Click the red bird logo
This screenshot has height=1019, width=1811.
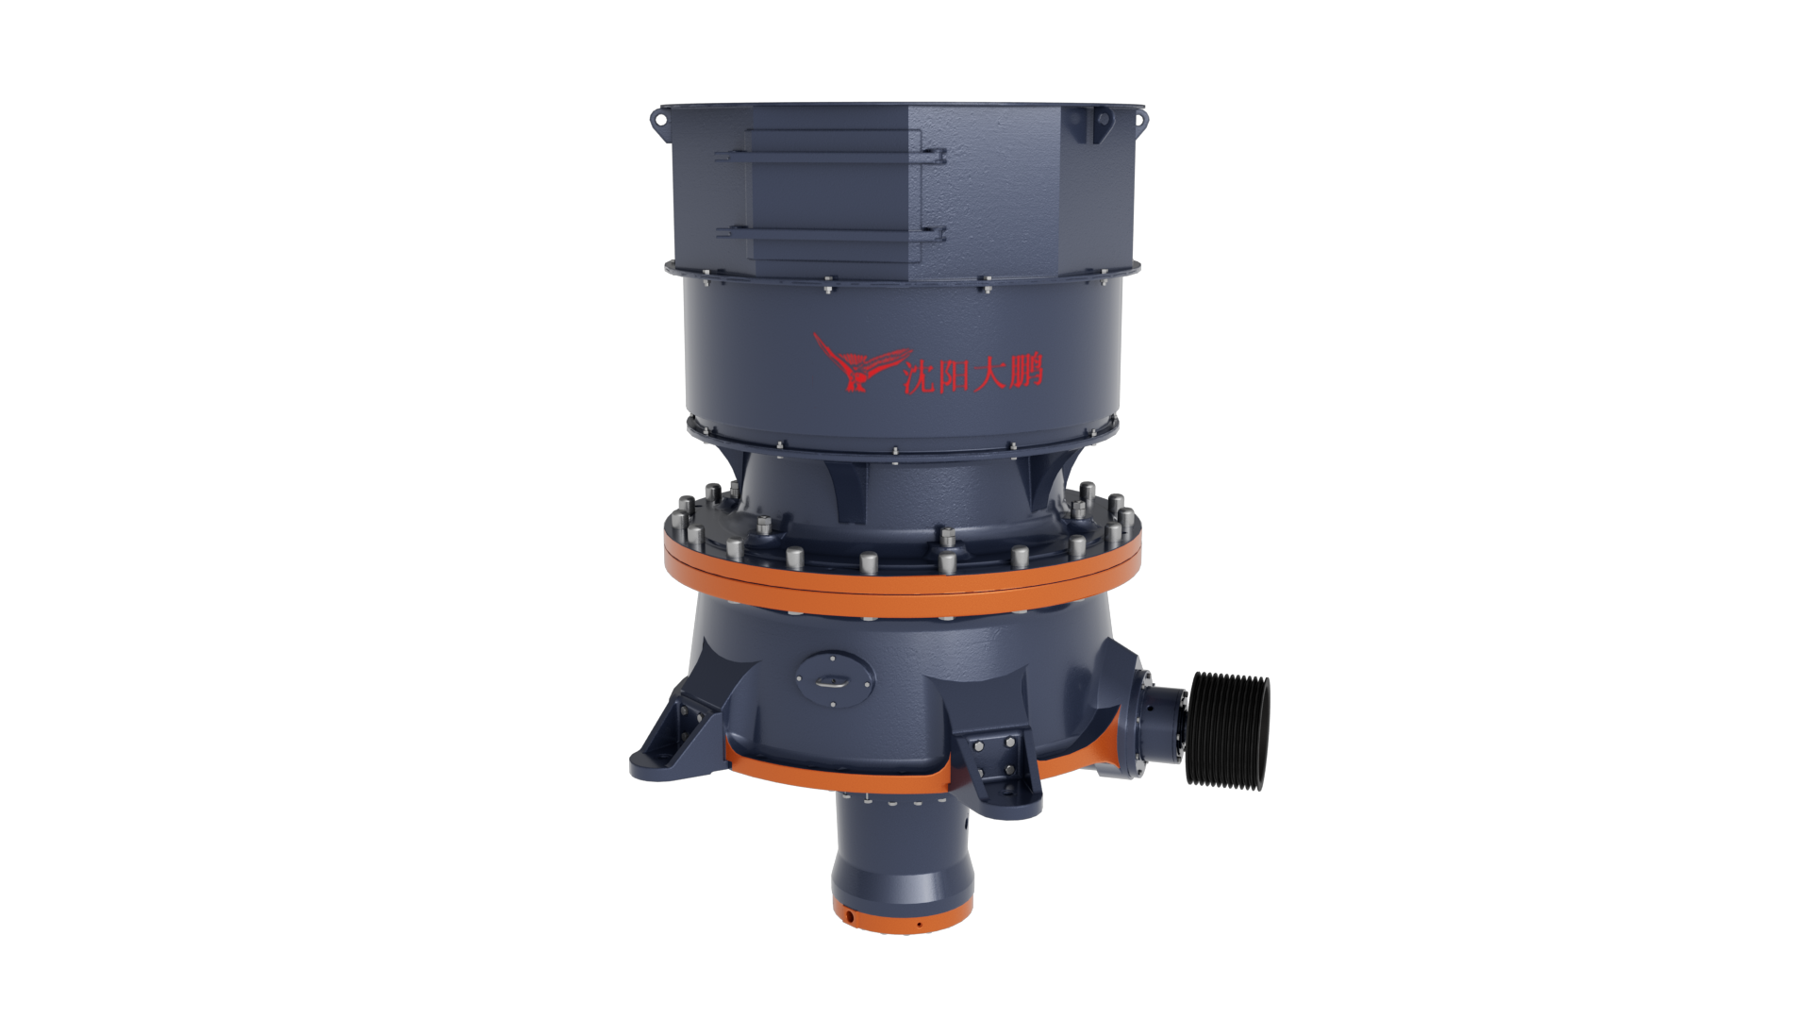pyautogui.click(x=854, y=363)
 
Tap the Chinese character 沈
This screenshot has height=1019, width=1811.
pyautogui.click(x=920, y=374)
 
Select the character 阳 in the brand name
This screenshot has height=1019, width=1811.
pyautogui.click(x=955, y=373)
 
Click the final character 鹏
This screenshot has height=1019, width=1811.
pyautogui.click(x=1025, y=370)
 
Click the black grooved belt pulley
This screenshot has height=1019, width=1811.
pyautogui.click(x=1227, y=730)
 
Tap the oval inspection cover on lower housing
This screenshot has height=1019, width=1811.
pyautogui.click(x=834, y=678)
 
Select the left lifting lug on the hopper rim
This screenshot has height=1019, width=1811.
pyautogui.click(x=658, y=122)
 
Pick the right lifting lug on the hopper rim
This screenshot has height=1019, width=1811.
pyautogui.click(x=1139, y=120)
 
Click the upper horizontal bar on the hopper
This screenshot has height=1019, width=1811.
pyautogui.click(x=830, y=156)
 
